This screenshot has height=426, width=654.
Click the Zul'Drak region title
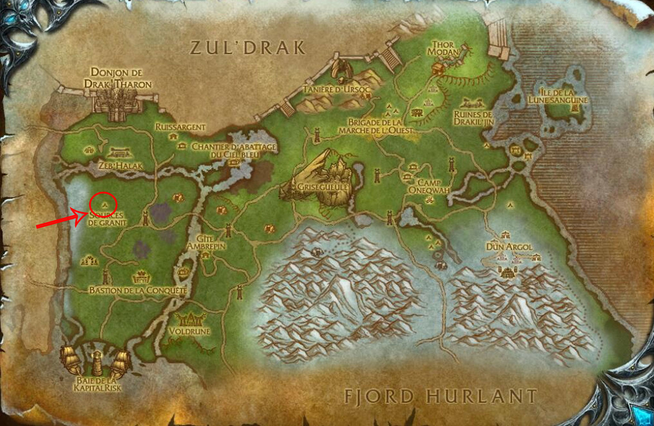[x=248, y=48]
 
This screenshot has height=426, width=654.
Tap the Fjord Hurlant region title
[x=440, y=396]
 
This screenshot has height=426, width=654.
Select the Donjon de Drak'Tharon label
[x=117, y=78]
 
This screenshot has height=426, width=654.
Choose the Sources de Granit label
[x=107, y=219]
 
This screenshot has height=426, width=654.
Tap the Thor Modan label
[x=443, y=48]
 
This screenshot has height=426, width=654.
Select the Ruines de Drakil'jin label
[x=473, y=118]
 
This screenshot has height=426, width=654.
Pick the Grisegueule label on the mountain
[x=323, y=187]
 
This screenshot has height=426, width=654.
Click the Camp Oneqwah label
[x=429, y=186]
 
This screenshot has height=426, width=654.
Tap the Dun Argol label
[x=509, y=247]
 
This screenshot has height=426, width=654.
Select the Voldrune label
[x=190, y=331]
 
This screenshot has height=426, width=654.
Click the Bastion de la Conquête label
[x=138, y=290]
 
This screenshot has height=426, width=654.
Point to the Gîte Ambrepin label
[x=206, y=242]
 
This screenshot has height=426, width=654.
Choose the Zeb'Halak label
[x=120, y=166]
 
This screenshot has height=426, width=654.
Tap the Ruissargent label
[x=180, y=127]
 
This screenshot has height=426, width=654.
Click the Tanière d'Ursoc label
[x=336, y=90]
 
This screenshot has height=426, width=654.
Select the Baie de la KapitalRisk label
[x=97, y=384]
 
